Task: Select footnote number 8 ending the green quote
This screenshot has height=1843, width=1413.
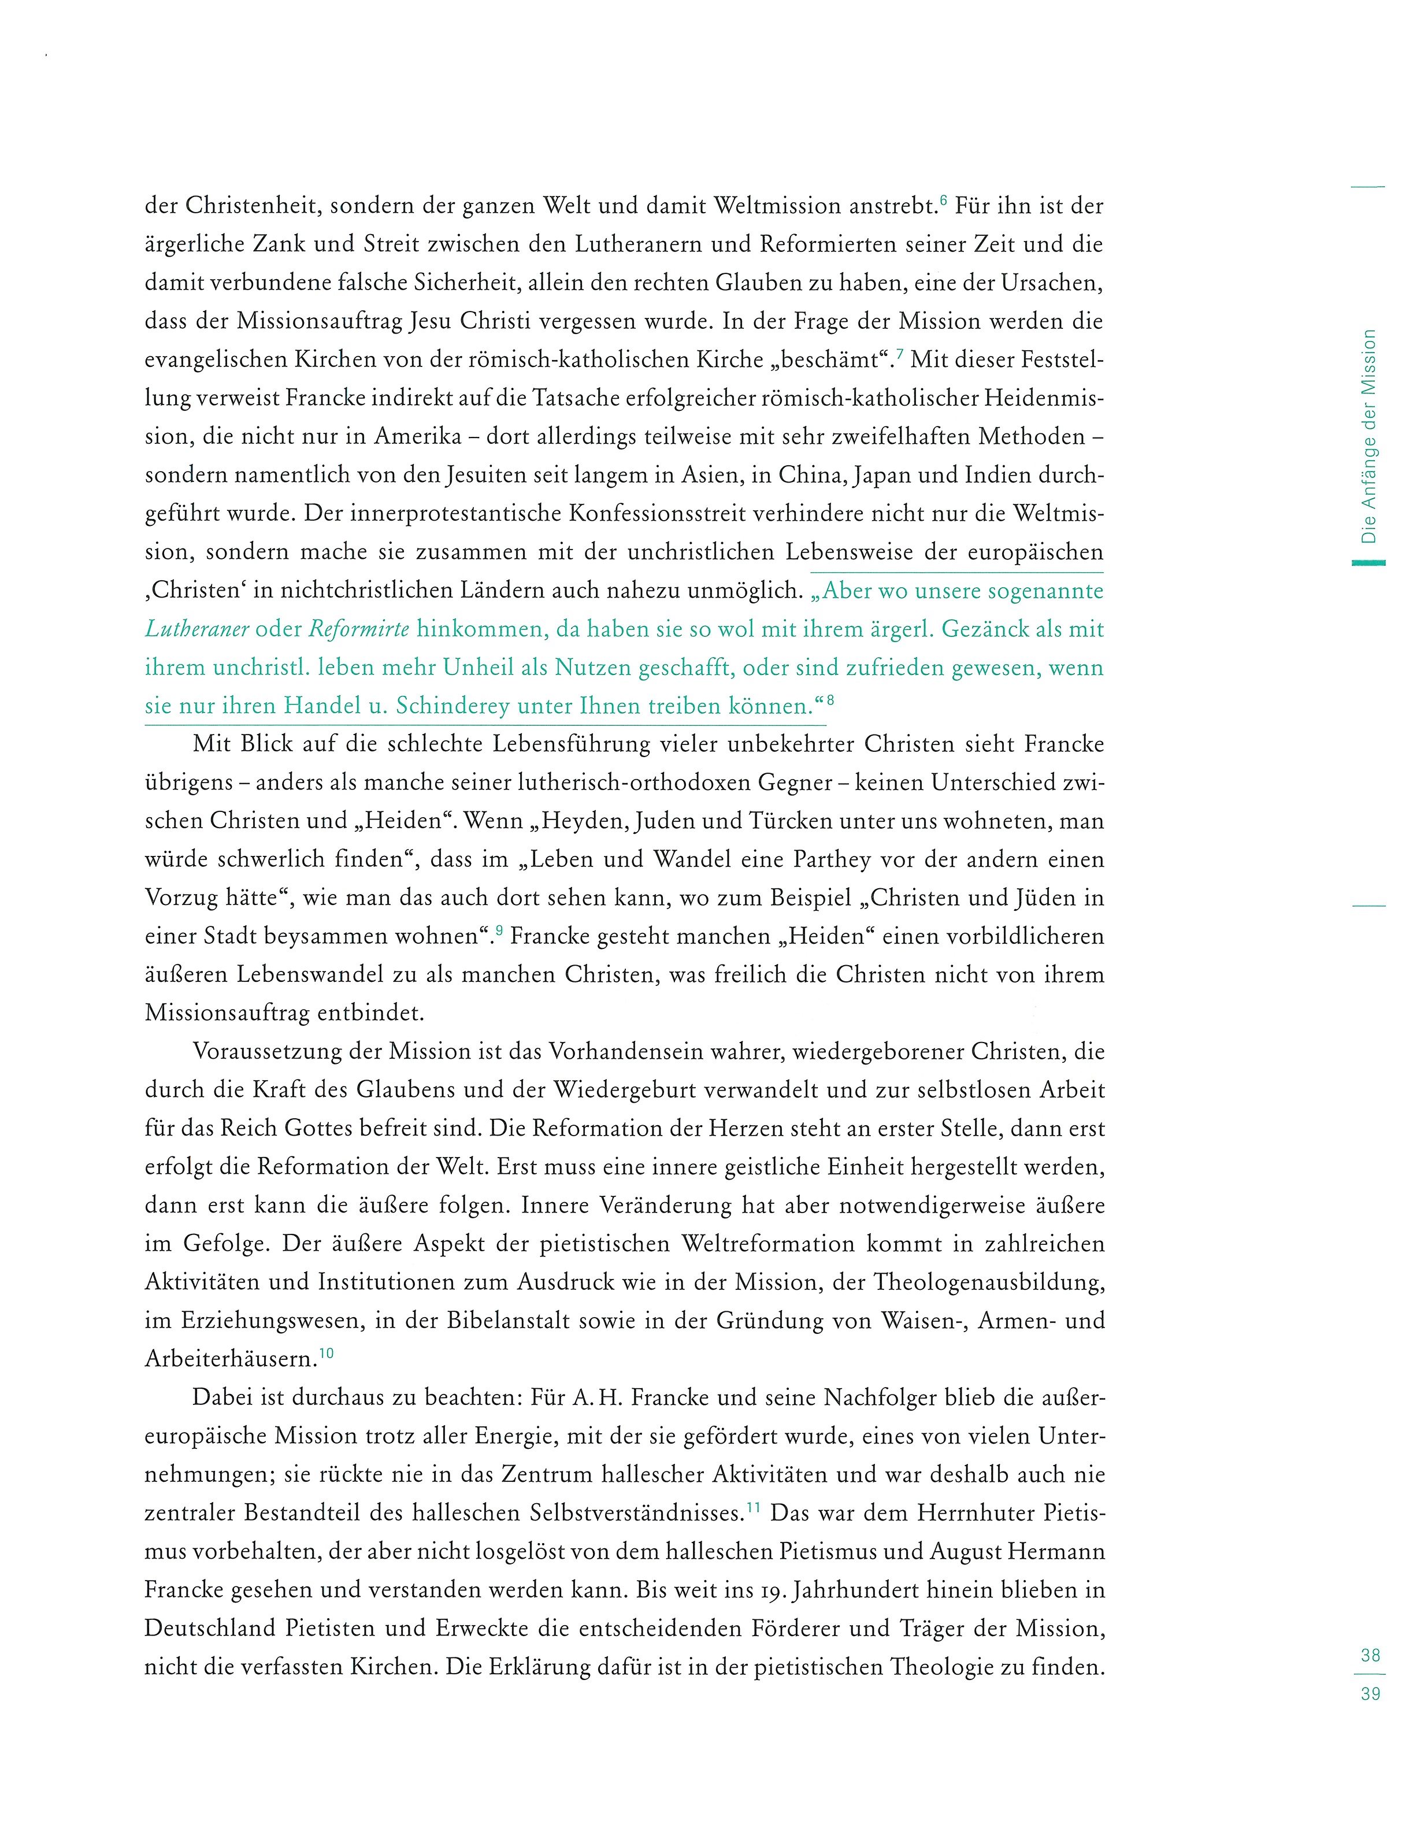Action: [830, 699]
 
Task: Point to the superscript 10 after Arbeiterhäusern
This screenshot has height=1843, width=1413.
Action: [327, 1352]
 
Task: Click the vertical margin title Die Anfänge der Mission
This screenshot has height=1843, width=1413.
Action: [1369, 436]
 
